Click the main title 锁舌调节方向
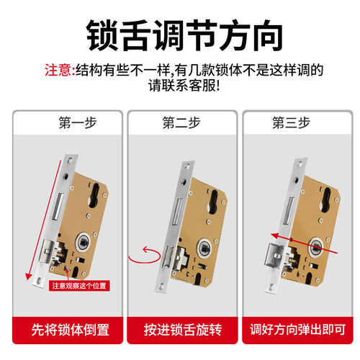click(180, 33)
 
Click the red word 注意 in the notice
click(58, 71)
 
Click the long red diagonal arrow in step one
click(41, 216)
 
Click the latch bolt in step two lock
click(169, 253)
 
